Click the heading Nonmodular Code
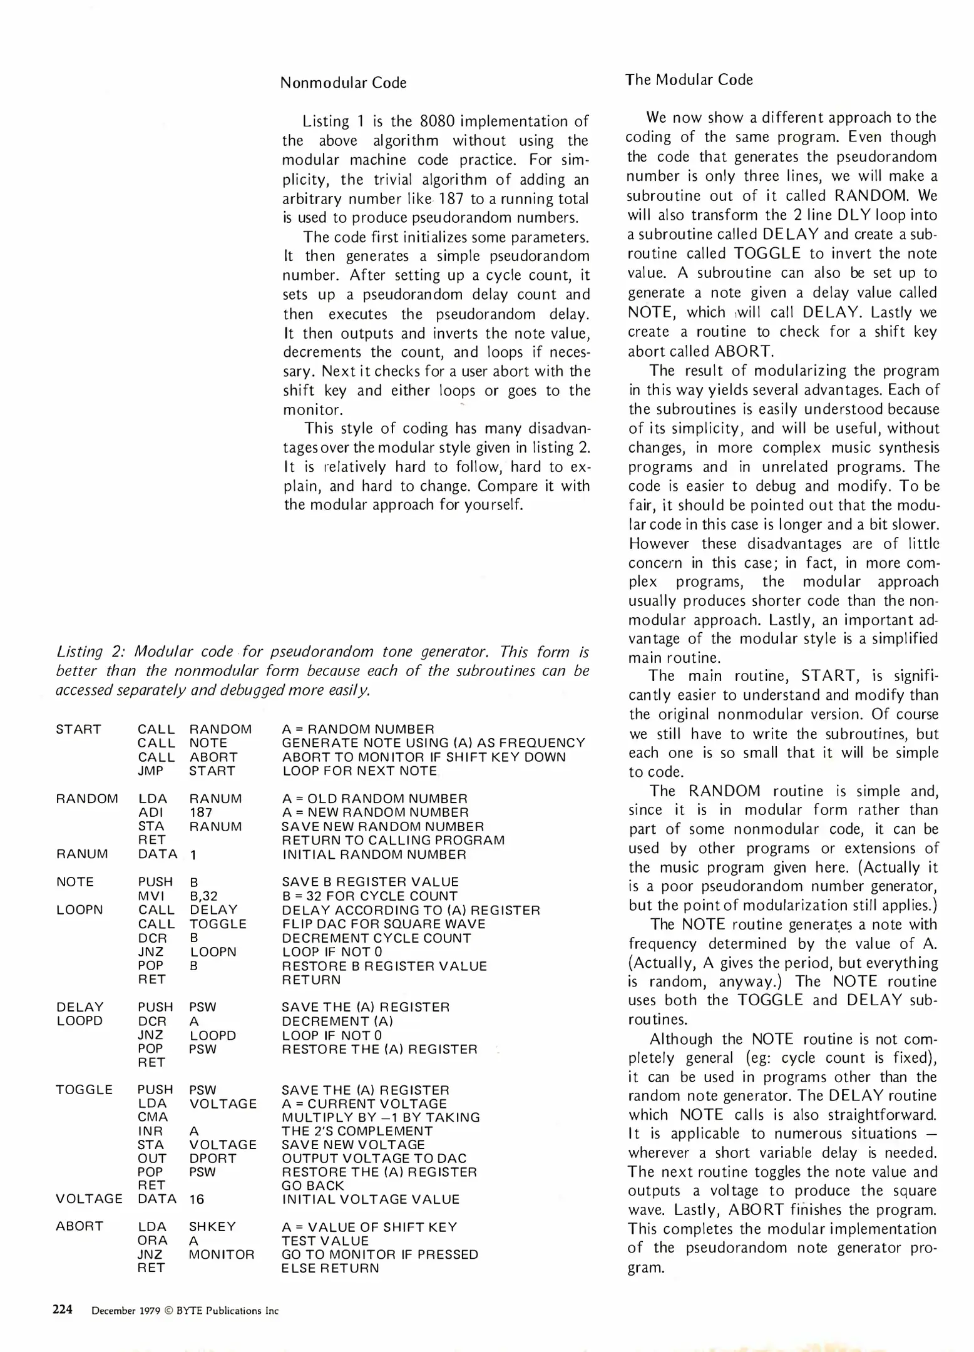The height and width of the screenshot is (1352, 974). point(343,83)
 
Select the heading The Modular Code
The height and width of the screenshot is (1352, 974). point(689,79)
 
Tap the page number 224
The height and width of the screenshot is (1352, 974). point(63,1309)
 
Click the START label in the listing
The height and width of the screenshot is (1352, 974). point(78,729)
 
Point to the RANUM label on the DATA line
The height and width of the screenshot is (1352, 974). point(82,854)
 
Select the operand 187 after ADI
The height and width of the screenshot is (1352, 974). point(200,812)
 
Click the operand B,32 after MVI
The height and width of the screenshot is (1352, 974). point(203,896)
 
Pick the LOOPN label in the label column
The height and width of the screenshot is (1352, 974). point(79,909)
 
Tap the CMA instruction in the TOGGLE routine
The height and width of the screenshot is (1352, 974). point(153,1117)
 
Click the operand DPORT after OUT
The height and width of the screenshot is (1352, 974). point(213,1159)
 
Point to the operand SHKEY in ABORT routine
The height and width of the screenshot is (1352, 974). point(212,1227)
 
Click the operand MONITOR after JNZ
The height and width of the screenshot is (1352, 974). point(222,1254)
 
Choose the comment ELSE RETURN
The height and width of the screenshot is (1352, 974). point(331,1268)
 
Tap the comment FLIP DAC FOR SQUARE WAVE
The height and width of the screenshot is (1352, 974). point(384,924)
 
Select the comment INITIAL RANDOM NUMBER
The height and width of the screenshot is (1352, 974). point(374,854)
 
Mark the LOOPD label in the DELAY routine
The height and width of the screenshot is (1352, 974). point(79,1021)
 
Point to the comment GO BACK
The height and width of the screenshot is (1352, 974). point(313,1186)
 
